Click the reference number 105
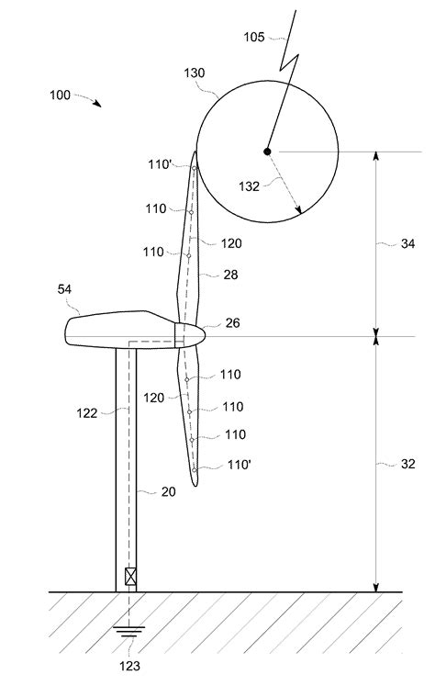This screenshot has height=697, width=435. click(253, 37)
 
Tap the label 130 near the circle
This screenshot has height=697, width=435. click(195, 73)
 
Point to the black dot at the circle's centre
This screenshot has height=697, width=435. click(267, 152)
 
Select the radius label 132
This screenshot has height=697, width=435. click(249, 186)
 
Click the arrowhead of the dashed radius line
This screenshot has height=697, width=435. click(298, 209)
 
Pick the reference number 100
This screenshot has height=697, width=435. click(60, 96)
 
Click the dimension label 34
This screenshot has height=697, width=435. click(407, 243)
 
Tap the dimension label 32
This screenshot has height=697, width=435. click(407, 464)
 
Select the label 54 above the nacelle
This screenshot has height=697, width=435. click(64, 289)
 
